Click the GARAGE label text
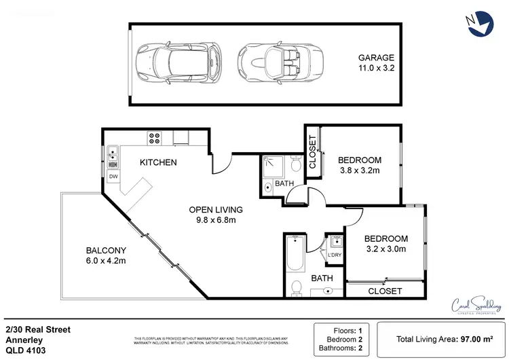[x=375, y=58]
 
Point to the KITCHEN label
[x=158, y=162]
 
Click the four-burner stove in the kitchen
[x=154, y=139]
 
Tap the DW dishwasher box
[x=113, y=177]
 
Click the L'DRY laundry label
[x=335, y=255]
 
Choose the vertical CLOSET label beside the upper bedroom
[x=313, y=151]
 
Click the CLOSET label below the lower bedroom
[x=385, y=291]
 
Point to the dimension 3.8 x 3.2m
[x=359, y=171]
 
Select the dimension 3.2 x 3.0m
[x=385, y=249]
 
